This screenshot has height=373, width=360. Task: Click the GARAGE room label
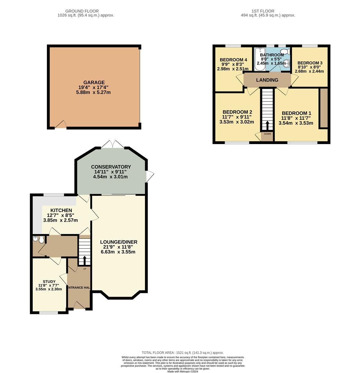pos(94,83)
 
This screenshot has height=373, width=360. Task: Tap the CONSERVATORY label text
pos(111,167)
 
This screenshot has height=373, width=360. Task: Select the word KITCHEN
pos(61,210)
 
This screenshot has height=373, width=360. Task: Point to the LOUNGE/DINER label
pos(119,242)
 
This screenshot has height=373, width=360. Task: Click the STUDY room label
pos(49,281)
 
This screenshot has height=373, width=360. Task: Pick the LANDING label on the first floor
pos(267,80)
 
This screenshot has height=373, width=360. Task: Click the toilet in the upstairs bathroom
pos(285,51)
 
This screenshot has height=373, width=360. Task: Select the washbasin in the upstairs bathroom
pos(286,63)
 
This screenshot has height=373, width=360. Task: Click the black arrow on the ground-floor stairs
pos(85,260)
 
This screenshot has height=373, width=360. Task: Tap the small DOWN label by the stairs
pos(267,134)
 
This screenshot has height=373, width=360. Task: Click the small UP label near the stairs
pos(85,269)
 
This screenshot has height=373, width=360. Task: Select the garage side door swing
pos(61,124)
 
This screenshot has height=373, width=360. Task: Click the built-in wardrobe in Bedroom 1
pos(323,108)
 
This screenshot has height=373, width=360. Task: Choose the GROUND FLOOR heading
pos(82,11)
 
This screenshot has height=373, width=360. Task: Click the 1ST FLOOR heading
pos(263,11)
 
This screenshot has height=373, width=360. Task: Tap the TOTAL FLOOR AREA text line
pos(183,353)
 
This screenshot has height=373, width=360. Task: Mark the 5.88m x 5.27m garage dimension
pos(93,92)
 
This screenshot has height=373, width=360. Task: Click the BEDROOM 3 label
pos(310,63)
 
